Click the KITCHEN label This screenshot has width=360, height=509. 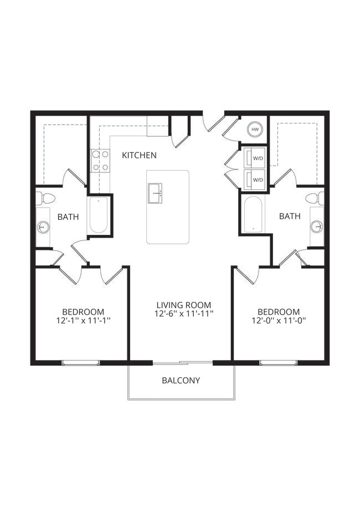[x=139, y=155]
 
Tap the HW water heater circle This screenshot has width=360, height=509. [x=255, y=129]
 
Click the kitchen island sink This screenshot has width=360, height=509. [x=155, y=193]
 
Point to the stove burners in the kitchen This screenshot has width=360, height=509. [x=100, y=160]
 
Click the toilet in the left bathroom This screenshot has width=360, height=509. [x=47, y=198]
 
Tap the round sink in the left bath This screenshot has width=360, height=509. [x=43, y=227]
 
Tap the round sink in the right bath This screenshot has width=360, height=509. [x=317, y=226]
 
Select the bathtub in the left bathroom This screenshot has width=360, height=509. [x=99, y=215]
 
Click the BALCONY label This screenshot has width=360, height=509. [x=181, y=381]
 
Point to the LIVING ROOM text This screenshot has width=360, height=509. [x=184, y=305]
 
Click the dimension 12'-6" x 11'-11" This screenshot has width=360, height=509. [x=184, y=314]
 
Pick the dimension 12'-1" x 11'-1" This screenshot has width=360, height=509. [x=83, y=321]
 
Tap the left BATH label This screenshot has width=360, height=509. [x=68, y=217]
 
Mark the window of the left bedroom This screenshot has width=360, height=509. [x=80, y=363]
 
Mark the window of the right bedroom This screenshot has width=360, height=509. [x=279, y=363]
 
